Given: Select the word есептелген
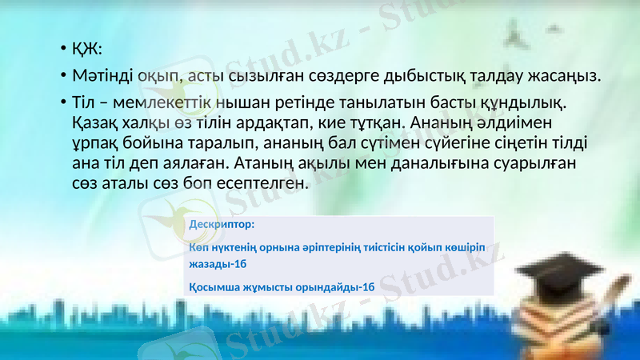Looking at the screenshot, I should [262, 183].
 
